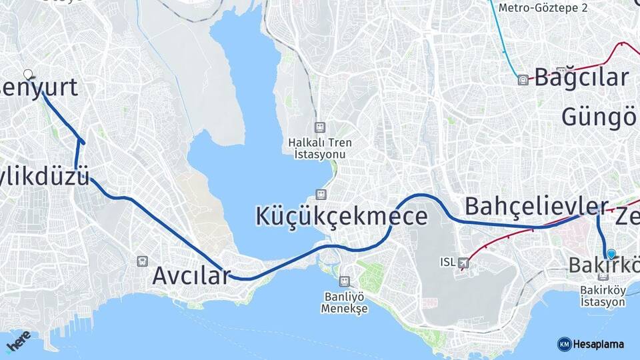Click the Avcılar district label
coord(191,275)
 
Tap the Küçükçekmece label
coord(342,217)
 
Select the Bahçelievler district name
coord(536,205)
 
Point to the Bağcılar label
coord(581,77)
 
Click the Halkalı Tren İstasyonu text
coord(320,148)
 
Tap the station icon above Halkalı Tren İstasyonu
coord(320,127)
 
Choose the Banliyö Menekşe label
coord(344,303)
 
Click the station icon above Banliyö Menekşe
coord(344,281)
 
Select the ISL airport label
coord(447,262)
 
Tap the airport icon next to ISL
coord(463,263)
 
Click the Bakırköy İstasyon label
coord(603,296)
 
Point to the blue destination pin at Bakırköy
coord(611,253)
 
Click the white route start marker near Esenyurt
coord(28,74)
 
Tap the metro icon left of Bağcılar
coord(523,80)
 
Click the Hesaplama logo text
coord(598,344)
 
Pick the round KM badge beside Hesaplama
coord(564,344)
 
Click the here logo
coord(18,341)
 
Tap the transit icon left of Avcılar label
coord(141,262)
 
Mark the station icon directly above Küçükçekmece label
coord(321,194)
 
